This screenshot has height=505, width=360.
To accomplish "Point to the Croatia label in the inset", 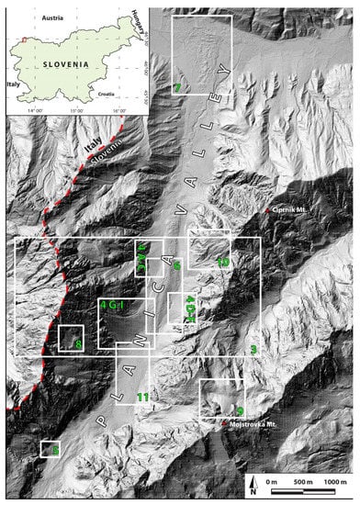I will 108,94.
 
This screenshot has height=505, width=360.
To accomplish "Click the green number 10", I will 222,264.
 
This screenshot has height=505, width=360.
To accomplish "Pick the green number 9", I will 239,410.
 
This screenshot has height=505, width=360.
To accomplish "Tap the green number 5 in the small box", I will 55,451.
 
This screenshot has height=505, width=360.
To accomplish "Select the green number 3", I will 253,347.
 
